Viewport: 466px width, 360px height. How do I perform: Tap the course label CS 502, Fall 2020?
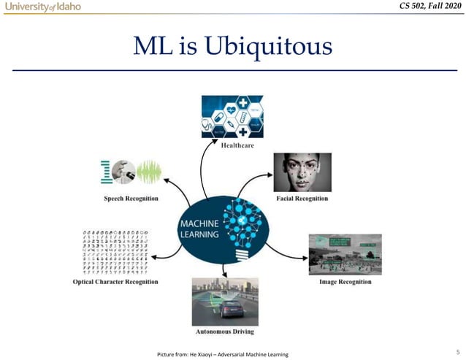point(427,8)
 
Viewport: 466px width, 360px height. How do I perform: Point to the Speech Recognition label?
point(131,199)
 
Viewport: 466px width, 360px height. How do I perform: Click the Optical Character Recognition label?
point(115,282)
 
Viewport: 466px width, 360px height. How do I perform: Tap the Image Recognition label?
point(345,282)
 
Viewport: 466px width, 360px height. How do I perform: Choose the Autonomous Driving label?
point(224,332)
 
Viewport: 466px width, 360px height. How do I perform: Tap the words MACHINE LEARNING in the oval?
point(199,229)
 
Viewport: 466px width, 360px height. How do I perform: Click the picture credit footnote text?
point(228,355)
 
